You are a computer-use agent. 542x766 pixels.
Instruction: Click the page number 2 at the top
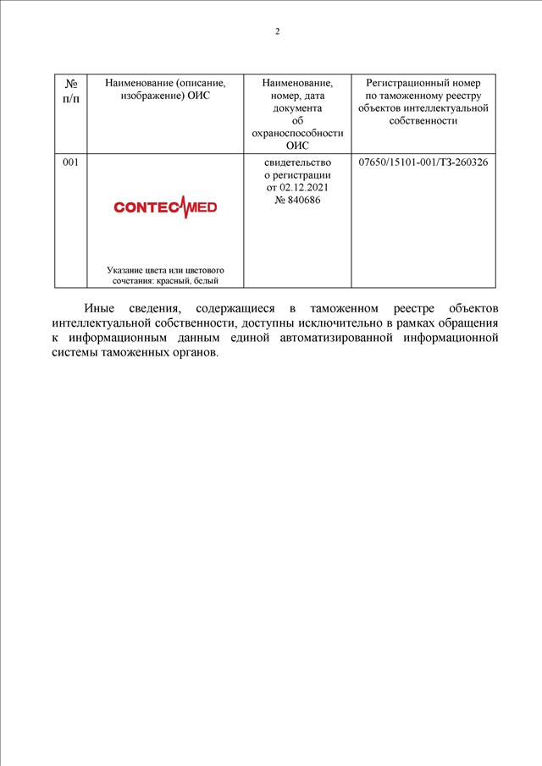coord(277,32)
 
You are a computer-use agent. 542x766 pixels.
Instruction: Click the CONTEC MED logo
coord(165,207)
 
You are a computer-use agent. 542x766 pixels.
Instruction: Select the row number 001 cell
coord(71,162)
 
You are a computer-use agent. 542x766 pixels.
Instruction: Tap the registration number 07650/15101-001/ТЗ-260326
coord(423,162)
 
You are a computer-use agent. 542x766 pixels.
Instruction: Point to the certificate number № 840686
coord(297,200)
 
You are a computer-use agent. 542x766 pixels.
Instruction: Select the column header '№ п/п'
coord(71,90)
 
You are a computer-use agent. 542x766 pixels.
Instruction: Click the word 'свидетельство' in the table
coord(297,162)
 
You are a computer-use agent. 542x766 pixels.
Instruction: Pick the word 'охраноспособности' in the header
coord(297,134)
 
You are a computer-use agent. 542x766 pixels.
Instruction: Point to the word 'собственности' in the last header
coord(423,121)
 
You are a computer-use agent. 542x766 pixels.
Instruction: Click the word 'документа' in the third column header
coord(297,108)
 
